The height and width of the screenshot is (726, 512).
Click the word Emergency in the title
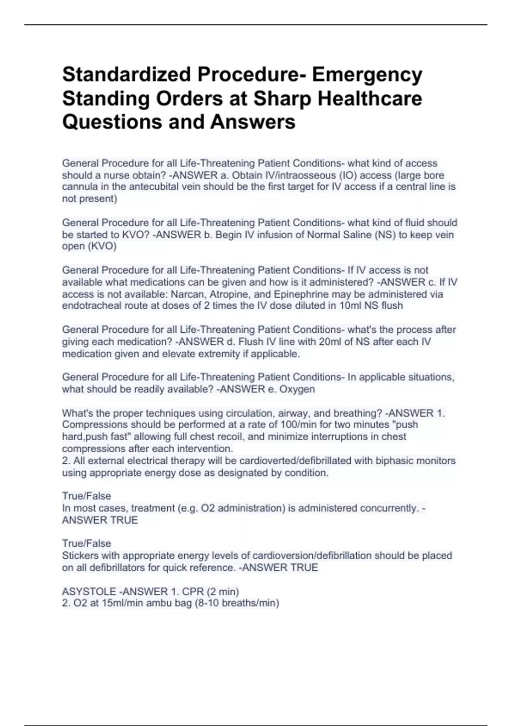point(367,75)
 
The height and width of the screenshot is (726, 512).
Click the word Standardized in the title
point(126,75)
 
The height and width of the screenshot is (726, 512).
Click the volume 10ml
point(344,306)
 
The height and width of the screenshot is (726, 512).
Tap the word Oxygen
point(297,389)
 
